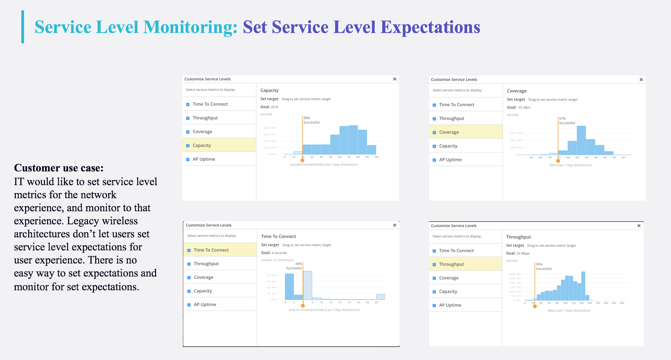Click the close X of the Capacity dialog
[395, 79]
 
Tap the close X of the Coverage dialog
[641, 80]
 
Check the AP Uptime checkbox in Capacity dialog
[188, 159]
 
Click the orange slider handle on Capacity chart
[302, 160]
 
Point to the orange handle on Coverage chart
[558, 161]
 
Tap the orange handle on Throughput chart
[535, 306]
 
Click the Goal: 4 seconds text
[274, 253]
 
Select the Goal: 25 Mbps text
[518, 254]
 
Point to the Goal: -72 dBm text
[518, 108]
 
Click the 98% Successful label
[311, 120]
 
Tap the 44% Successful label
[294, 266]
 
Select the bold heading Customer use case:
[59, 168]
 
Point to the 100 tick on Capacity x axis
[376, 157]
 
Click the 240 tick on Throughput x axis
[622, 303]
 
